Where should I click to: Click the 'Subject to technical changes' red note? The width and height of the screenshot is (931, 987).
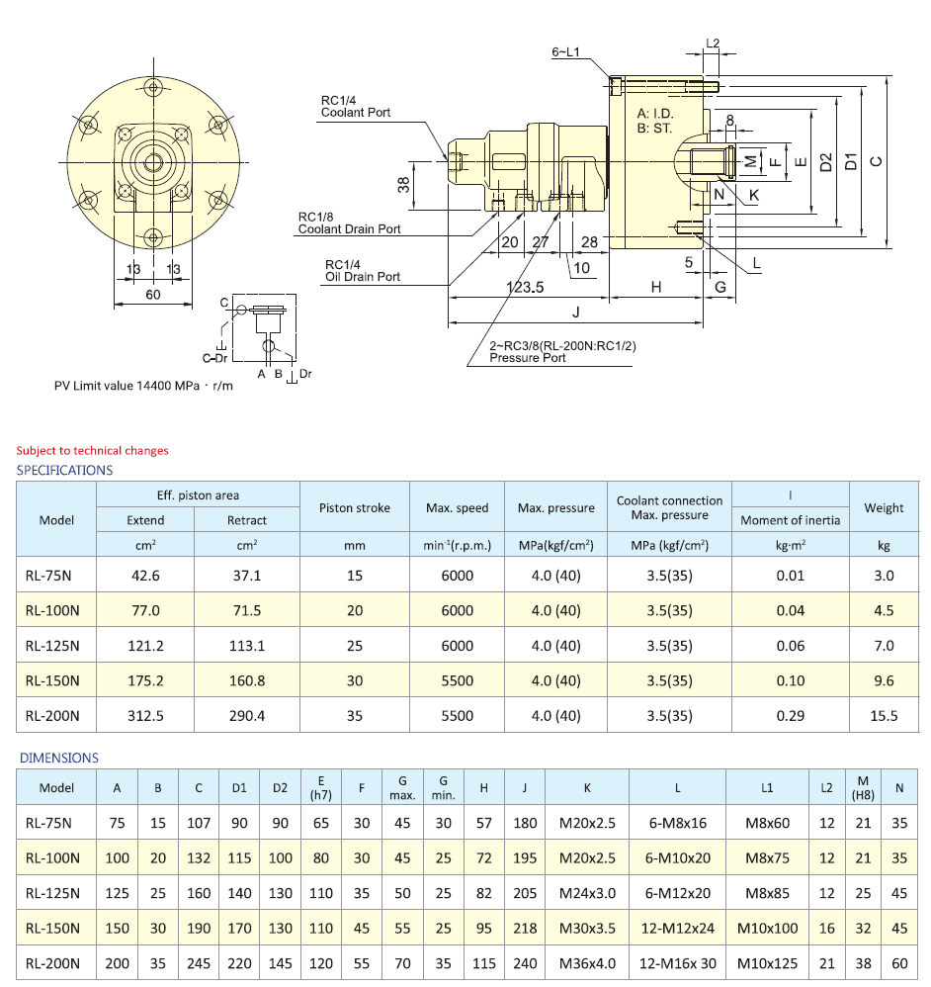click(x=92, y=451)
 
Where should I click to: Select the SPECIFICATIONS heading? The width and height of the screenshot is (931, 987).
click(x=64, y=471)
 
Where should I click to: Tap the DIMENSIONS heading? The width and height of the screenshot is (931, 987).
click(x=59, y=759)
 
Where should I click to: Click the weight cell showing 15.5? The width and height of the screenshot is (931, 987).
click(x=884, y=716)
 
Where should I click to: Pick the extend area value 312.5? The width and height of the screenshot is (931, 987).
click(x=145, y=716)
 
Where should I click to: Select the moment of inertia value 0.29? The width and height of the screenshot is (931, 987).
click(x=791, y=716)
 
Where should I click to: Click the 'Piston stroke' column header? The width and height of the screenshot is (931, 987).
click(x=354, y=508)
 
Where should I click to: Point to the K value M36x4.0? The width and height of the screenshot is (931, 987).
click(x=587, y=963)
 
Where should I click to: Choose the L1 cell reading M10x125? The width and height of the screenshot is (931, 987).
click(x=767, y=963)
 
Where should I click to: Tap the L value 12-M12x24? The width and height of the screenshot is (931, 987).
click(x=677, y=929)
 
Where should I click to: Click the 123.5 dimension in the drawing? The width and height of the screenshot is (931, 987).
click(x=526, y=287)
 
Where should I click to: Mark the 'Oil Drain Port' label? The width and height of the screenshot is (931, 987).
click(x=362, y=277)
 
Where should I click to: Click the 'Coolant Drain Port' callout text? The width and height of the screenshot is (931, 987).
click(x=350, y=229)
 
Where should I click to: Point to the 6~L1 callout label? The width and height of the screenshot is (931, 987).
click(x=564, y=50)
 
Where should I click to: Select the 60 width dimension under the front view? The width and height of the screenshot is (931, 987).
click(x=153, y=295)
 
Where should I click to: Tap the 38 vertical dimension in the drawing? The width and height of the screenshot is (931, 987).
click(x=403, y=185)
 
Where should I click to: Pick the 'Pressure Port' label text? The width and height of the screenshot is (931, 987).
click(x=528, y=358)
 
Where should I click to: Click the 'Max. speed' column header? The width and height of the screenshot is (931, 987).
click(x=457, y=508)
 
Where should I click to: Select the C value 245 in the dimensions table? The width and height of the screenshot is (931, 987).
click(x=199, y=963)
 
